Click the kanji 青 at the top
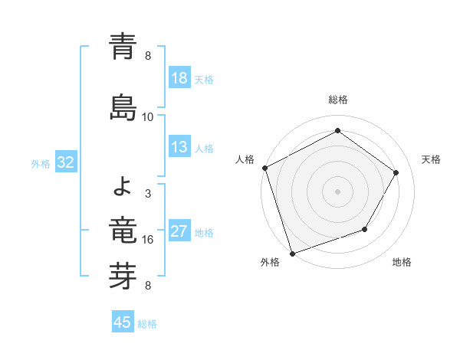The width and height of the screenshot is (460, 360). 123,46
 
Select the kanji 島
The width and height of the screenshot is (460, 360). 123,105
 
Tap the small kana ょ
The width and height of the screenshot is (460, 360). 123,184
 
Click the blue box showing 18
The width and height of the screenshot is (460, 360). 179,78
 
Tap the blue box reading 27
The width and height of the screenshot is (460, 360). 179,231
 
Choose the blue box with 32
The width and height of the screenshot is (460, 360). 65,162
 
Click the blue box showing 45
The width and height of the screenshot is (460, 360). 123,322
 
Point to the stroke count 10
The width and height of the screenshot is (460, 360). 148,117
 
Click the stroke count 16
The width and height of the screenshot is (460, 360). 148,240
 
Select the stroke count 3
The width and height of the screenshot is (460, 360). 148,194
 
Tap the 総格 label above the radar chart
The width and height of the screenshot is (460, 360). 338,100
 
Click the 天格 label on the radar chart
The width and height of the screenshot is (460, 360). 431,159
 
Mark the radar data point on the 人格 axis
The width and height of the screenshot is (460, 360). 264,168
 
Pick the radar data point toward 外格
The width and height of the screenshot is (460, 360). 292,253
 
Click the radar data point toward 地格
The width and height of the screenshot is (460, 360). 365,229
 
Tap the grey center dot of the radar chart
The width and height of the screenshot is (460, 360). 338,191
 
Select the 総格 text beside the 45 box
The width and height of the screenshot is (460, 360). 148,324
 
